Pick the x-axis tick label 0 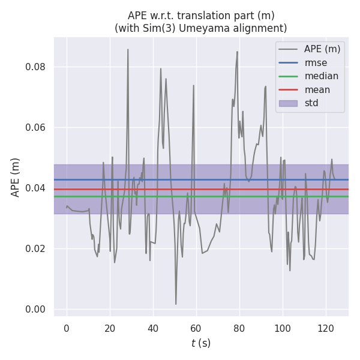(67, 328)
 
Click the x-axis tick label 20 (110, 328)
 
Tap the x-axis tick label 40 (153, 328)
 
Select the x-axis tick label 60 (196, 328)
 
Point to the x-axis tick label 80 (239, 328)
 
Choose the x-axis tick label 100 (283, 328)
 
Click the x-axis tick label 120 (326, 328)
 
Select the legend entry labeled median (321, 76)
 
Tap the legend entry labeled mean (317, 90)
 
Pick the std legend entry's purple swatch (289, 103)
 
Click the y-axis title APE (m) (16, 177)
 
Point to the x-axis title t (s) (201, 343)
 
